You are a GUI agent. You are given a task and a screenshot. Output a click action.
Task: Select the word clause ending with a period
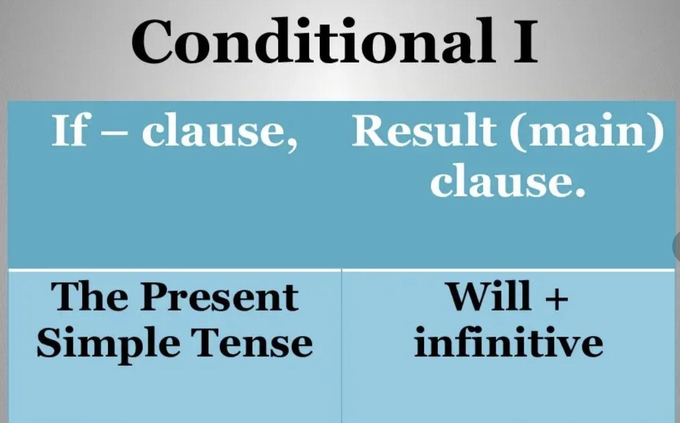pyautogui.click(x=501, y=180)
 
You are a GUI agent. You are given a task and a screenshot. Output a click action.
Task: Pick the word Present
pyautogui.click(x=219, y=297)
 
